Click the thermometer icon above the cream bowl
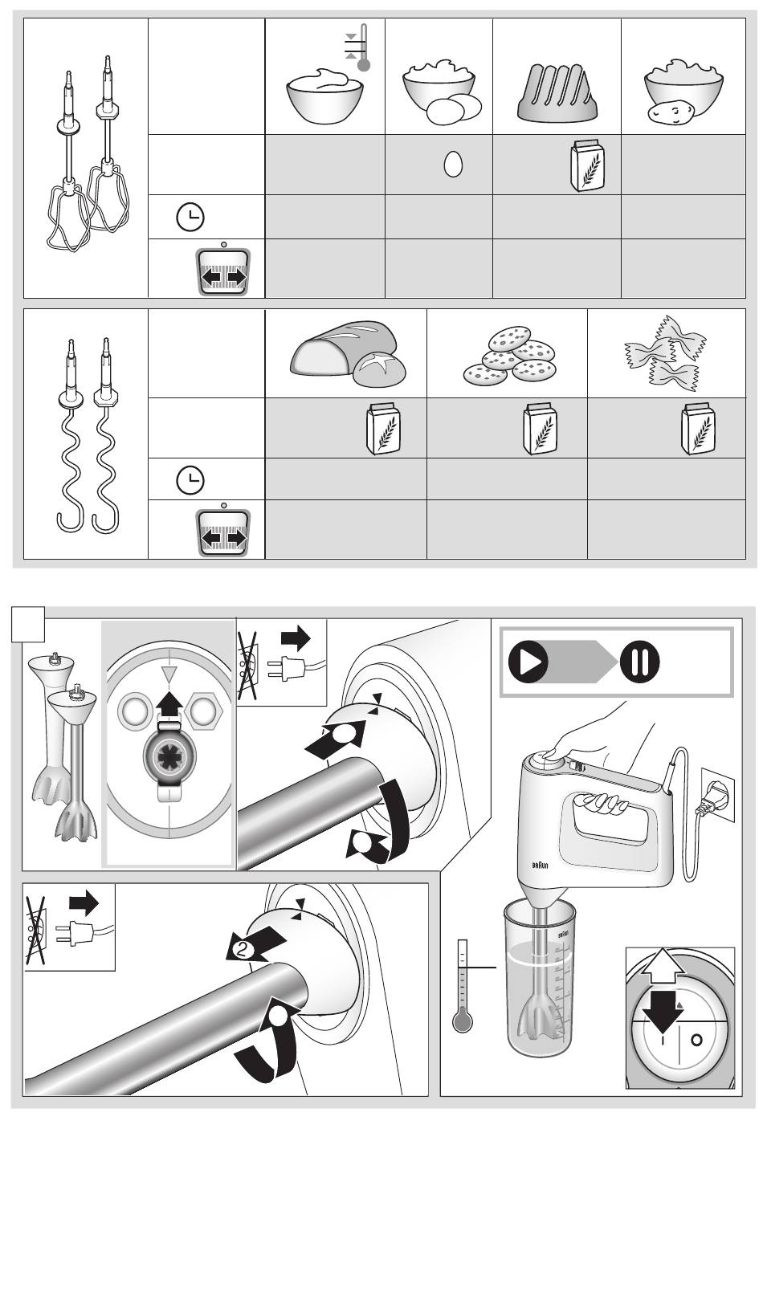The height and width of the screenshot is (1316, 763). pos(363,48)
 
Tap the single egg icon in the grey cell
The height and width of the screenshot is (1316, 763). pos(453,165)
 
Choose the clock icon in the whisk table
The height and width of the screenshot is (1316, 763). pos(190,218)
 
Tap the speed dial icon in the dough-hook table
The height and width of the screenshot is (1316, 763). pos(224,531)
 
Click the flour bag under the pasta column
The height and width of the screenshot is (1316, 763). pos(697,429)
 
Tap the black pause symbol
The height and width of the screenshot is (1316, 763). pos(640,662)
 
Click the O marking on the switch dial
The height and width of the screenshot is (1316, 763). pos(696,1039)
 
